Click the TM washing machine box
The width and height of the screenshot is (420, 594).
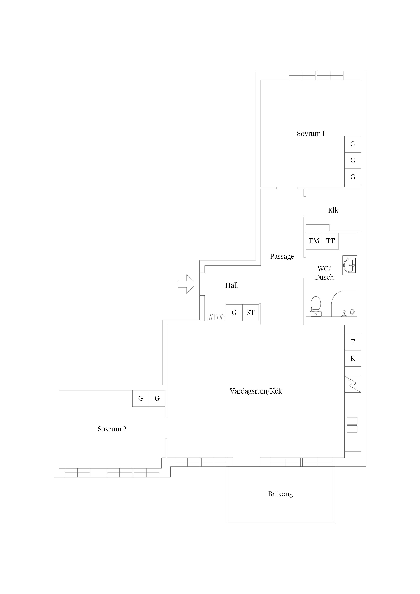314,241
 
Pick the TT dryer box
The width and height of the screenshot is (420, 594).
330,241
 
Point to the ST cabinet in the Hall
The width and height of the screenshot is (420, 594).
250,313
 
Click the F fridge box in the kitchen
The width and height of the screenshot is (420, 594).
353,342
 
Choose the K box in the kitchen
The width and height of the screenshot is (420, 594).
353,359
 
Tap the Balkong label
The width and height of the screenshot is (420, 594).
280,494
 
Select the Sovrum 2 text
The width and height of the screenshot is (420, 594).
112,429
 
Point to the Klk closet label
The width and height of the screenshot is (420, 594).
333,210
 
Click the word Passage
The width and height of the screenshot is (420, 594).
282,256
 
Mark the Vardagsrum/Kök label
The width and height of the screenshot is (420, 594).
256,391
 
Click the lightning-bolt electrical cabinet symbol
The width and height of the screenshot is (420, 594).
353,384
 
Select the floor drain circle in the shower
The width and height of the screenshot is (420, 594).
352,312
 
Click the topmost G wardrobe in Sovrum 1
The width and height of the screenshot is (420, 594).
353,144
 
